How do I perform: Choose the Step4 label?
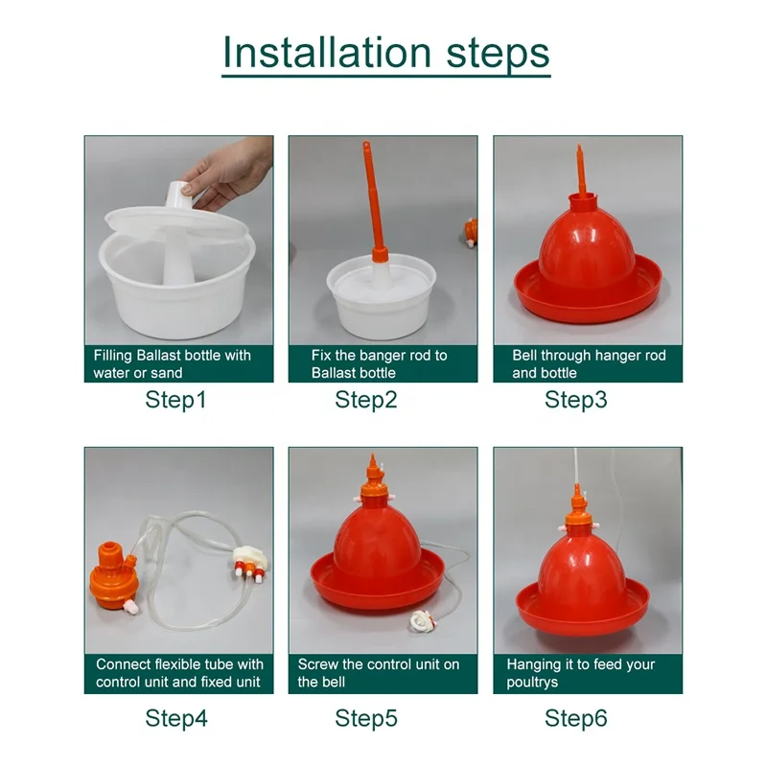coord(175,717)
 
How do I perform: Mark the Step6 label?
coord(575,717)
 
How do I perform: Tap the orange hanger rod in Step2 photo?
coord(370,201)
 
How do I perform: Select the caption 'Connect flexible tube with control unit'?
coord(178,673)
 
